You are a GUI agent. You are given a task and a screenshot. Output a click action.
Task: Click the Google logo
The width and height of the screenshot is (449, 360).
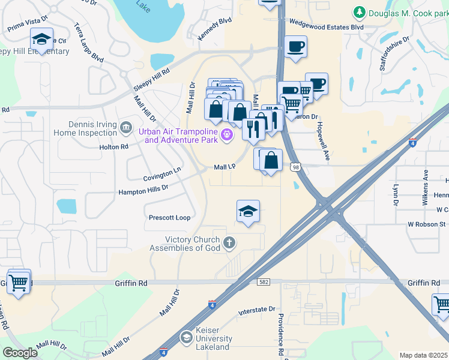tap(20, 353)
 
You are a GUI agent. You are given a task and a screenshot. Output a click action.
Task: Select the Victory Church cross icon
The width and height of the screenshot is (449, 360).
tap(228, 243)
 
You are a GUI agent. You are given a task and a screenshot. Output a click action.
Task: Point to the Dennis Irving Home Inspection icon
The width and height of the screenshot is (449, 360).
tap(126, 127)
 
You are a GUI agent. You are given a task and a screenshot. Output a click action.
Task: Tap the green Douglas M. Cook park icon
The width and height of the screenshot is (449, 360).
tap(359, 12)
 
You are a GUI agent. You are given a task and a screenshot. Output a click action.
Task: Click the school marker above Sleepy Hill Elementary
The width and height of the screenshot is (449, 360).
tap(41, 40)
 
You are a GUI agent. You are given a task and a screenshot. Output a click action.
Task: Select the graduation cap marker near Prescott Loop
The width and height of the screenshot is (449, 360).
tap(248, 212)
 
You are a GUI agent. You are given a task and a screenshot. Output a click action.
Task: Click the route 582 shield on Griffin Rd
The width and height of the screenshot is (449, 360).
tap(264, 281)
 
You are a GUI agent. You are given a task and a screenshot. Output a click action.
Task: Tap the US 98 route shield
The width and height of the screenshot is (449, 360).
tap(295, 167)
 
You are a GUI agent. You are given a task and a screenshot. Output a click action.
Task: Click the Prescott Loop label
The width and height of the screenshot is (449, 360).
tap(169, 218)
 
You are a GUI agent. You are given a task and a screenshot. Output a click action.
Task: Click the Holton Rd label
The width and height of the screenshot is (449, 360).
tap(114, 146)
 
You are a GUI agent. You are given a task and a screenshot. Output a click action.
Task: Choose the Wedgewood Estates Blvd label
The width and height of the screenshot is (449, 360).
tap(327, 27)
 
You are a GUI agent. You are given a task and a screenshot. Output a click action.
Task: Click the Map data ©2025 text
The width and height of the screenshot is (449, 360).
tap(423, 355)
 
